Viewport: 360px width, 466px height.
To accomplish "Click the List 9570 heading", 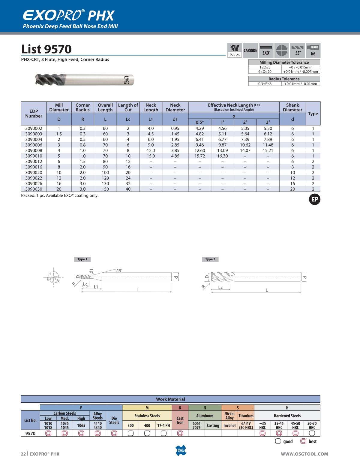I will (46, 49).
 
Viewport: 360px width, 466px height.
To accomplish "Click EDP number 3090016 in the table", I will (34, 167).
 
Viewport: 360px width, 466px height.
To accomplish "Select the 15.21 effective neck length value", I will (268, 150).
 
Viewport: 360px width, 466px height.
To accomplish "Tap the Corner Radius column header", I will (82, 107).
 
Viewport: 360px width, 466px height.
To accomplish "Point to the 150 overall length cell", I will (105, 189).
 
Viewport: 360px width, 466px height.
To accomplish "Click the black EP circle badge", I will (315, 200).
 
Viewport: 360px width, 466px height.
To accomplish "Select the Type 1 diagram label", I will (82, 259).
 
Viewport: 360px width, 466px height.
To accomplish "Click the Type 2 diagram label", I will (210, 259).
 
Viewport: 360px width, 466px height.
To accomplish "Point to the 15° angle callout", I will (119, 271).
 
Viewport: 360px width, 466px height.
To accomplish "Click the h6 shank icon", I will (313, 51).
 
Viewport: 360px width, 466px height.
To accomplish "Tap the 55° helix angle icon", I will (297, 51).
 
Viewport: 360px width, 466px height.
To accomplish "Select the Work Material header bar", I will (170, 399).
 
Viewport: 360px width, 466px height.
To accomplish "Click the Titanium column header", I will (246, 416).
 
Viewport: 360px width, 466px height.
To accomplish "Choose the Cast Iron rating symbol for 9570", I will (180, 433).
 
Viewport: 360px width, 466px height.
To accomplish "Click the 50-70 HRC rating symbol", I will (312, 433).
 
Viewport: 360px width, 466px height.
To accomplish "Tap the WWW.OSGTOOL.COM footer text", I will (304, 454).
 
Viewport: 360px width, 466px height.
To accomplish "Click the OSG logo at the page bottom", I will (180, 450).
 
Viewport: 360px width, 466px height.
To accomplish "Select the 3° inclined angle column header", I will (268, 122).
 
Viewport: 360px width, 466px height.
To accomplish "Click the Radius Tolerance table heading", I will (284, 79).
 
